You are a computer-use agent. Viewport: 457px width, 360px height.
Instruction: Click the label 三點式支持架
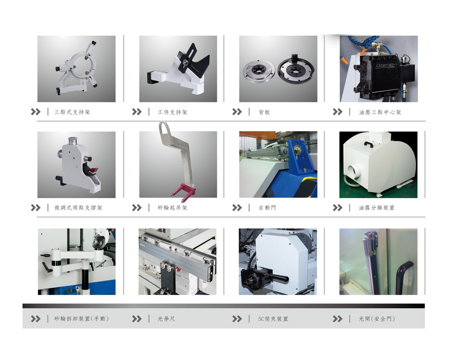point(72,112)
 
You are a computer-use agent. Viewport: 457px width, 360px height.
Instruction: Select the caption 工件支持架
point(172,112)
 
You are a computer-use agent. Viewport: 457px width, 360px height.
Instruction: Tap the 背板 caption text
point(264,112)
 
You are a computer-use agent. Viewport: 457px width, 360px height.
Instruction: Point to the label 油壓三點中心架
point(380,112)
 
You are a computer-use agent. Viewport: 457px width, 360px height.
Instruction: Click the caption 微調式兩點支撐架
point(78,208)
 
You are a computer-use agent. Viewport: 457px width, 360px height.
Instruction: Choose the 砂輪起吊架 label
point(172,208)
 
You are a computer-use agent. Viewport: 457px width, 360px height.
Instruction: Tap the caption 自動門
point(267,208)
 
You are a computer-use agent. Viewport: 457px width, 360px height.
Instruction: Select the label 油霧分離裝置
point(377,208)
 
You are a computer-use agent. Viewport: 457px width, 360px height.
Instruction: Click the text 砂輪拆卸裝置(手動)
point(82,319)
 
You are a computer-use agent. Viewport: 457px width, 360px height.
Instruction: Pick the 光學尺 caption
point(166,319)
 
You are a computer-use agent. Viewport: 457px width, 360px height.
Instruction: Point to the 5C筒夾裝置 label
point(273,319)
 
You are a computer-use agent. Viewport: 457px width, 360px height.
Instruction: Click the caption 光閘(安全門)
point(377,319)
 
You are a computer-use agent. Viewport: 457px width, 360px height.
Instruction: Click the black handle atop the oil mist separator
point(369,144)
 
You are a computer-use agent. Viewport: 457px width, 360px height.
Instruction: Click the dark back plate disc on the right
point(296,69)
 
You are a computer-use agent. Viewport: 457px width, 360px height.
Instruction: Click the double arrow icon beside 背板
point(237,112)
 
